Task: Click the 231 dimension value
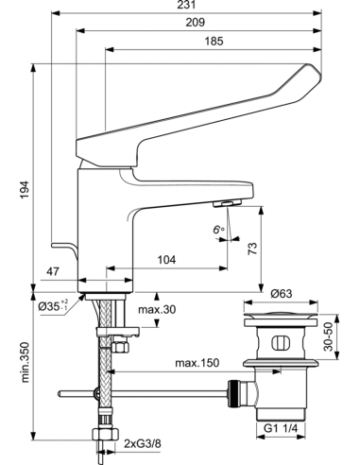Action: point(186,5)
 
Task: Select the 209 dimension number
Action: point(195,23)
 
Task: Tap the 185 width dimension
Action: point(214,41)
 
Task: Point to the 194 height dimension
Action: point(25,189)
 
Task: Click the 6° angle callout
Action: point(218,230)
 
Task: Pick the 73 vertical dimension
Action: point(252,249)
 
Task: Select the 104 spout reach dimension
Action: point(166,260)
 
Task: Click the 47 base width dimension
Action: point(53,271)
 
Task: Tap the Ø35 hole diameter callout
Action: point(53,305)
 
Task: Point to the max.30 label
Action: point(157,310)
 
